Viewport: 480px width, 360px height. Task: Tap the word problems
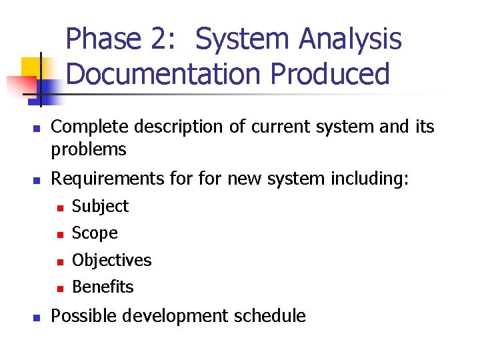(89, 149)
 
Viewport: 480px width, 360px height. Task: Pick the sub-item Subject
(100, 207)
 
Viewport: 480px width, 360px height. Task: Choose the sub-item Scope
(95, 233)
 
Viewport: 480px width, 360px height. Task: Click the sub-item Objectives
(111, 260)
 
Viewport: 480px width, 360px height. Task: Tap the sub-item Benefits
(103, 287)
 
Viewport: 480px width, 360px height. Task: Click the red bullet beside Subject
(59, 209)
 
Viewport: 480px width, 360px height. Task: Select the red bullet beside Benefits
(59, 289)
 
